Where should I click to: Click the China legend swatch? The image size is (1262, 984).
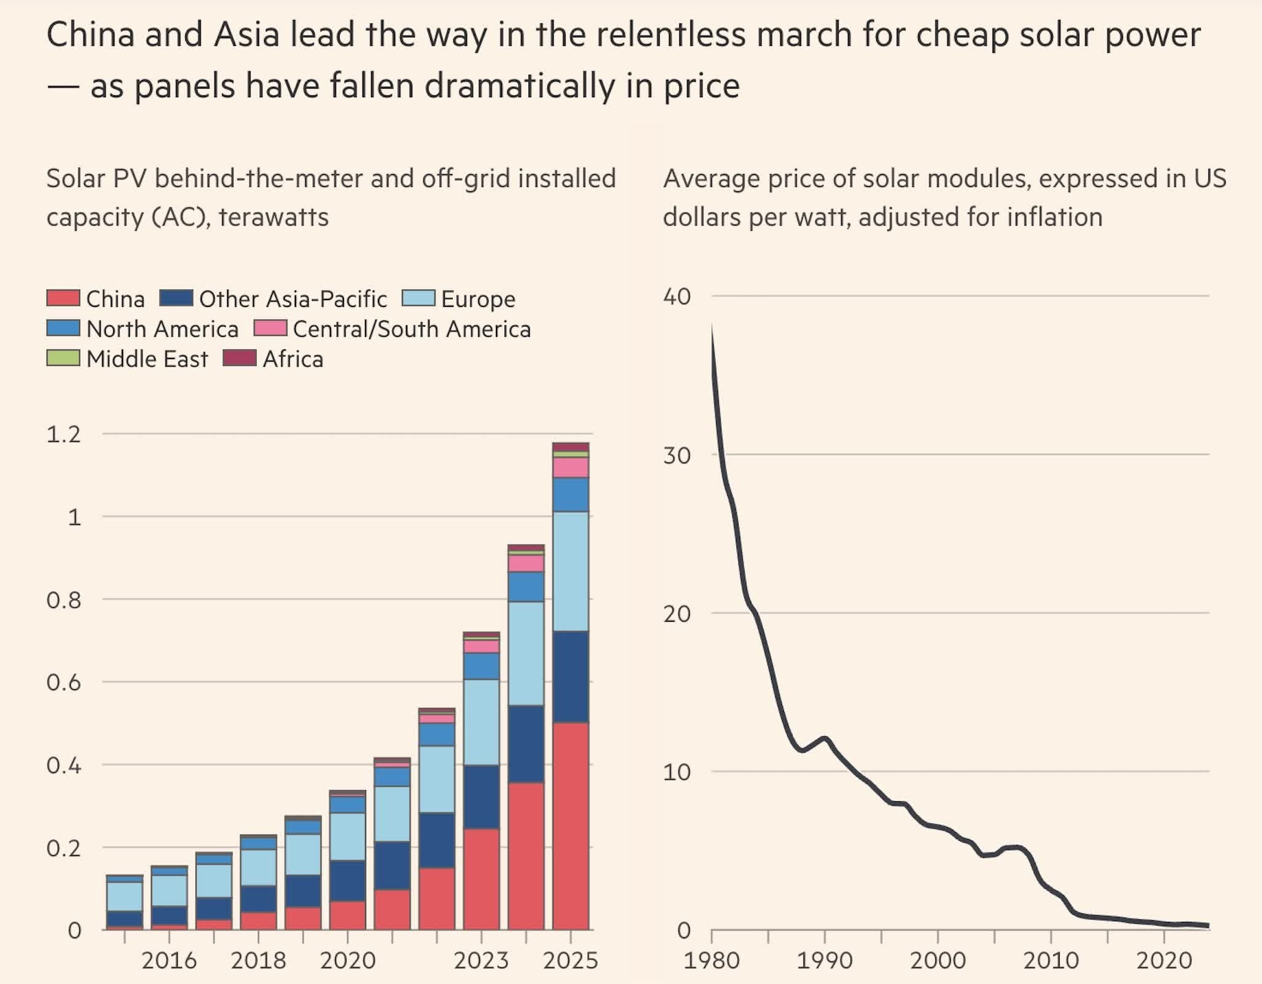coord(63,298)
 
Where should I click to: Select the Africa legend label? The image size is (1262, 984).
coord(293,359)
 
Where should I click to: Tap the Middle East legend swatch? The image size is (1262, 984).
coord(63,358)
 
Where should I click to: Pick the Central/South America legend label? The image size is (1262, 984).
coord(412,329)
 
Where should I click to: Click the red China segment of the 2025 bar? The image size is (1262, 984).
coord(571,825)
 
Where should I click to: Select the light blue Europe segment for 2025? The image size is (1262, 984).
coord(571,571)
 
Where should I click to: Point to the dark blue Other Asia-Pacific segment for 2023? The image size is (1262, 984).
coord(481,797)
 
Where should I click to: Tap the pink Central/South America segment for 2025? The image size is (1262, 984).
coord(571,467)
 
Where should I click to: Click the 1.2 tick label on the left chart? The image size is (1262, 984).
coord(63,435)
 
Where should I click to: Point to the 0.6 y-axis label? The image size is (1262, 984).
coord(63,683)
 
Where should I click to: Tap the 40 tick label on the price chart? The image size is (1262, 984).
coord(677,296)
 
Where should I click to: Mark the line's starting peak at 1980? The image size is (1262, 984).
coord(712,324)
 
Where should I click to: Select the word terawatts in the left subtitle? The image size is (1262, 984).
coord(274,218)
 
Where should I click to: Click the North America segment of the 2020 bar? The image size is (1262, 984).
coord(348,804)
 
